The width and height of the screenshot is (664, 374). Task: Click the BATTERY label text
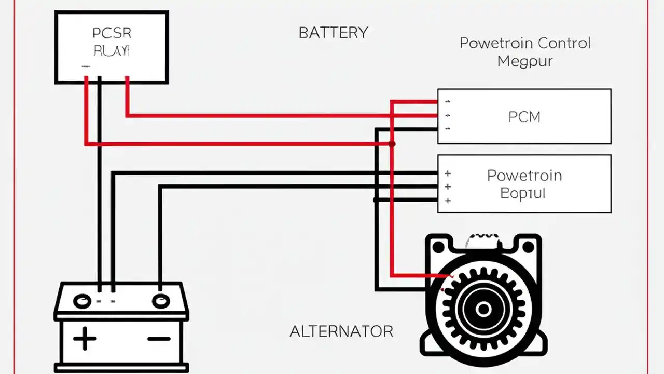[333, 33]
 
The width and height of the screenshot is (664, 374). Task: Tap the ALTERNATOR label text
[341, 331]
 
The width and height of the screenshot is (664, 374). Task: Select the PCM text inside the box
[524, 117]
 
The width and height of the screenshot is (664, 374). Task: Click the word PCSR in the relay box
[112, 33]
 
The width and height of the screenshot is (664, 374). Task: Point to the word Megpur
[524, 61]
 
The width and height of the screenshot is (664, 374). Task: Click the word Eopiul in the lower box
[522, 194]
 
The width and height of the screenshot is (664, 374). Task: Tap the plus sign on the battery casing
[85, 340]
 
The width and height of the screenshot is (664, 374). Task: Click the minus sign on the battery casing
[159, 339]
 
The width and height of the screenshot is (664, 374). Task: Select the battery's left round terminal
[82, 301]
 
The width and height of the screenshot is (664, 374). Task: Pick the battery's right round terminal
[160, 301]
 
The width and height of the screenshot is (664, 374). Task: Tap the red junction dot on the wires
[392, 144]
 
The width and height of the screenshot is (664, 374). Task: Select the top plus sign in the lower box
[448, 173]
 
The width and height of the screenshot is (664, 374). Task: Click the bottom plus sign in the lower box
[448, 201]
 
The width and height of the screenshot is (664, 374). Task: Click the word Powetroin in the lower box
[524, 176]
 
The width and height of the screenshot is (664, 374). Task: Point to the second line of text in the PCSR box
[112, 51]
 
